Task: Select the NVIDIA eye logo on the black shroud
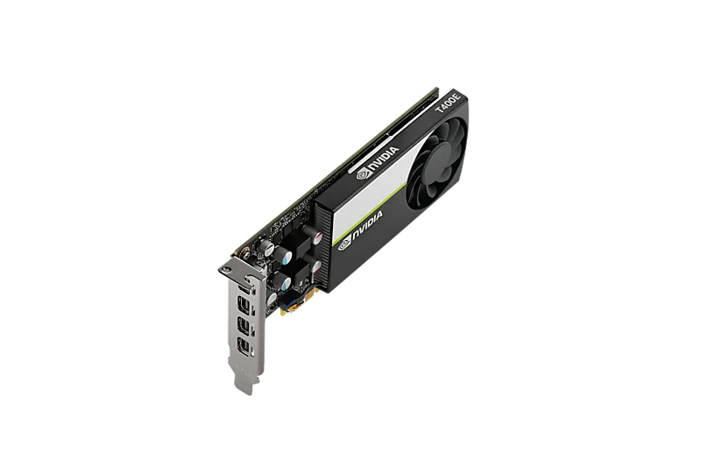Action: click(x=345, y=244)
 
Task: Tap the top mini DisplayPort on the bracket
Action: click(x=244, y=304)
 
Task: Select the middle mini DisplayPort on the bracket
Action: click(x=244, y=326)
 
